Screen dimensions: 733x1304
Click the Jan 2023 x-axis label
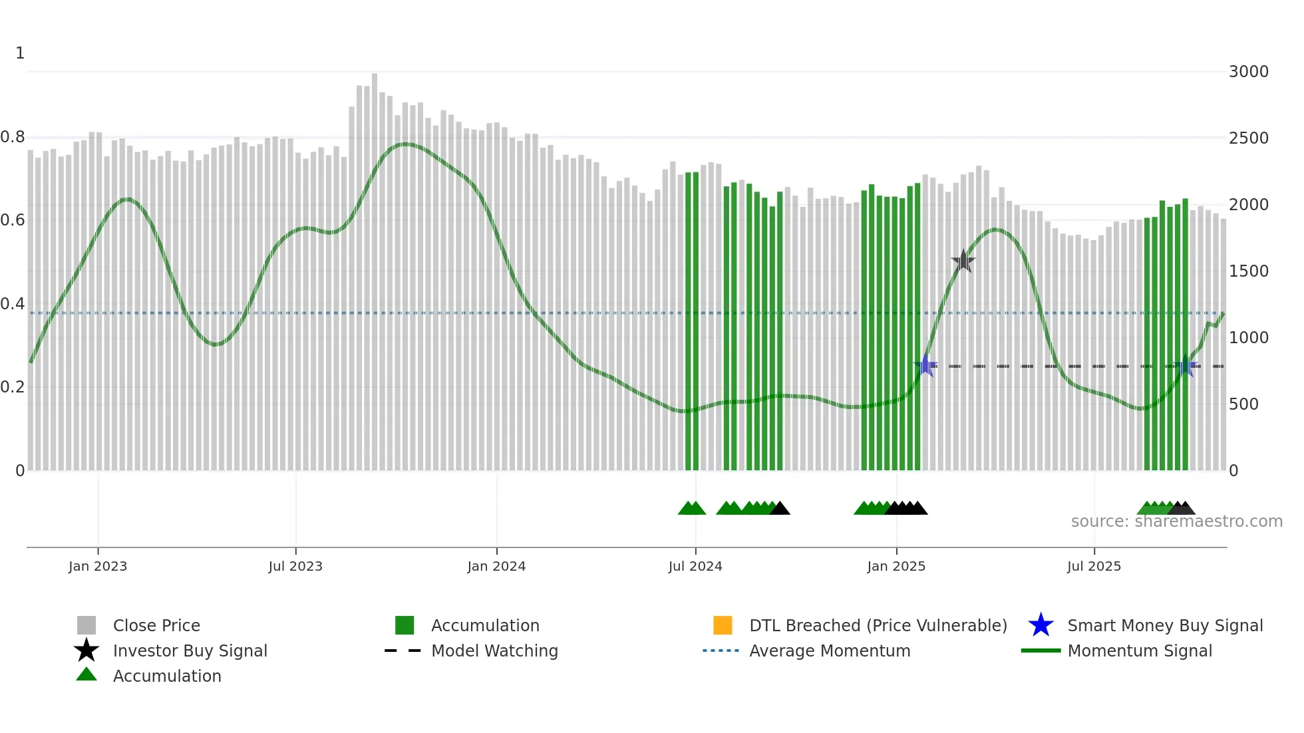(x=98, y=566)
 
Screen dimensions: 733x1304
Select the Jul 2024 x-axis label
(x=695, y=566)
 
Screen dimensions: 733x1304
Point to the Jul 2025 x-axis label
(x=1094, y=566)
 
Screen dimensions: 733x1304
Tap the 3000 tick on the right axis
(x=1248, y=72)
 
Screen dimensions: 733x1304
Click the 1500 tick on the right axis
(x=1248, y=271)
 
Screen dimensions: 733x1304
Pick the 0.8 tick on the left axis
(x=13, y=137)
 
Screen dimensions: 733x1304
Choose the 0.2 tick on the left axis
(x=13, y=387)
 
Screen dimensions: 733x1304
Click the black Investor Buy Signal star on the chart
(x=963, y=261)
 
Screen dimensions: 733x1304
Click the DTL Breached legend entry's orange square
(x=723, y=625)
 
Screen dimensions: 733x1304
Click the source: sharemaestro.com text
(x=1176, y=521)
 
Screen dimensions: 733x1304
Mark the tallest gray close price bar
(x=375, y=266)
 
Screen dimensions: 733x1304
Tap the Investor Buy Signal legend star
(x=86, y=651)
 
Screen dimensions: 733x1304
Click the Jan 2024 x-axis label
(x=496, y=566)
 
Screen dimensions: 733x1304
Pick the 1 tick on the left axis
(x=20, y=53)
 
